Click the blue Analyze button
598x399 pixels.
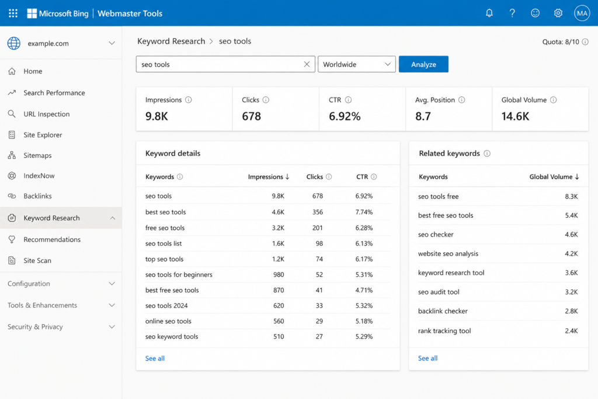click(x=423, y=64)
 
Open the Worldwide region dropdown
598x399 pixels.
click(x=357, y=64)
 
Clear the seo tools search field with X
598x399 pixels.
click(x=307, y=64)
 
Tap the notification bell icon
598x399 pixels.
click(x=489, y=13)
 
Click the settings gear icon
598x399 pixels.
click(x=558, y=13)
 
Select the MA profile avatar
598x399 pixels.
click(x=582, y=13)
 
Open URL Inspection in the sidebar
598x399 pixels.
click(x=47, y=114)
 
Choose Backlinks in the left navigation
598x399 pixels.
click(x=37, y=196)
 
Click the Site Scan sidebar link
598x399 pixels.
click(x=37, y=261)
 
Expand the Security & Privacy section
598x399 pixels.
click(x=61, y=327)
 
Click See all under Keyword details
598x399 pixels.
click(x=155, y=358)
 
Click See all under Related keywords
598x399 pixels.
click(x=427, y=358)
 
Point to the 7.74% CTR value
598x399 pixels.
click(x=364, y=212)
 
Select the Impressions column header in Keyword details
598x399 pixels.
click(x=269, y=176)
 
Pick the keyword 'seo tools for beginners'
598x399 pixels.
click(x=179, y=275)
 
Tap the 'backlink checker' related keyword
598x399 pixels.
click(x=443, y=311)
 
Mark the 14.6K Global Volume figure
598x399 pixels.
click(x=515, y=116)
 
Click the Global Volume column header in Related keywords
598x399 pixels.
click(x=554, y=176)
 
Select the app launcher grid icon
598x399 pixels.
click(x=13, y=13)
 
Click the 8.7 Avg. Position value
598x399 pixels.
click(x=423, y=116)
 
